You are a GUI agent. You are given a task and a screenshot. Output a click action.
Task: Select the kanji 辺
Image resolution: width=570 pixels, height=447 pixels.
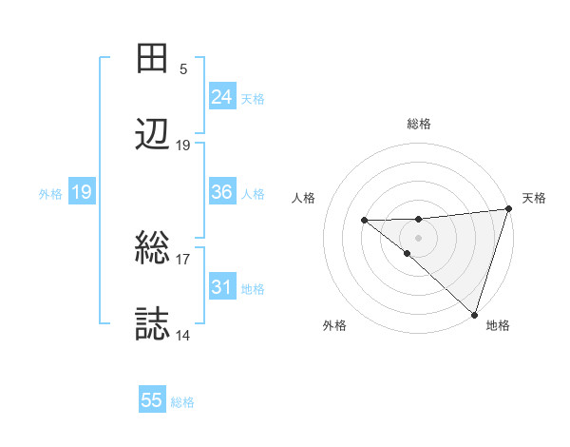click(x=153, y=135)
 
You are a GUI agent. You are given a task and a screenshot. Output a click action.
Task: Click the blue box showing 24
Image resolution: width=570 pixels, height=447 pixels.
click(x=221, y=96)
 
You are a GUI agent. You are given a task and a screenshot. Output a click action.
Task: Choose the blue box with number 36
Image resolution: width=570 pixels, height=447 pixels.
click(x=221, y=191)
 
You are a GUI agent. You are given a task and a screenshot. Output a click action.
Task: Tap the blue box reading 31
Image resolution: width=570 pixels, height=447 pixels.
click(x=221, y=286)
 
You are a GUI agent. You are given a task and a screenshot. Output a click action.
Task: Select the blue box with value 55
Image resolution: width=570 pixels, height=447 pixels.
click(x=152, y=400)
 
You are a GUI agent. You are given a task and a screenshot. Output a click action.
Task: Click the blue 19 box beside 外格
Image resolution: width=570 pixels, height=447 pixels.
click(x=81, y=192)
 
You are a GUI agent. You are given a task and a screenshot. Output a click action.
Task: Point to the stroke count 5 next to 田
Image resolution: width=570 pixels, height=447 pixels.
click(x=183, y=68)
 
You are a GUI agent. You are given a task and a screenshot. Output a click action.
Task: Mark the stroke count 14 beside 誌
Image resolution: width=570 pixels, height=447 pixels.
click(x=183, y=335)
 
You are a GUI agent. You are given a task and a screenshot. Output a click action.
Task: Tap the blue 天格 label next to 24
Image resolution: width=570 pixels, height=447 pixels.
click(x=252, y=98)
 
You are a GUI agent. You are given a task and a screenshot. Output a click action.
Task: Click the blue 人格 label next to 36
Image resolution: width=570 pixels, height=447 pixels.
click(x=252, y=193)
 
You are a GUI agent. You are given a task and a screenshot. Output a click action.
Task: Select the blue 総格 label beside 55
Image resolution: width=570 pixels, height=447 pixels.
click(x=182, y=402)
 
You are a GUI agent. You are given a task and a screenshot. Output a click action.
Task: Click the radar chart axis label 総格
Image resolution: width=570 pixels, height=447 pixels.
click(x=418, y=124)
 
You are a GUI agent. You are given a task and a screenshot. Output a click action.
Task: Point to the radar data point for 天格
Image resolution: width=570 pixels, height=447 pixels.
click(x=508, y=208)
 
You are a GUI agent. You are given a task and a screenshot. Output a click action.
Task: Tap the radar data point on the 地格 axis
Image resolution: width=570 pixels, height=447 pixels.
click(x=474, y=313)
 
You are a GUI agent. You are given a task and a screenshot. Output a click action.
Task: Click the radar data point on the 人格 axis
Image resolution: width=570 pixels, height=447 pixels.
click(x=364, y=220)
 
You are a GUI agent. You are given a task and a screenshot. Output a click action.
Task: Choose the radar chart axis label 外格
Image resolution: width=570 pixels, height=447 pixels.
click(x=334, y=325)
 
